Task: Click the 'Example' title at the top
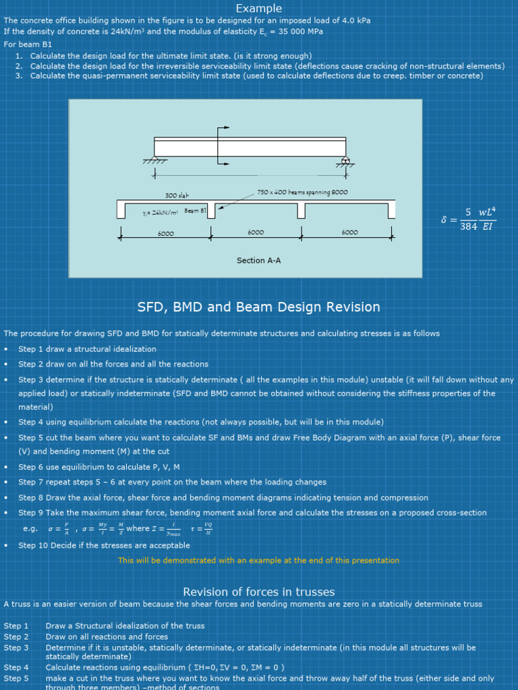tap(259, 8)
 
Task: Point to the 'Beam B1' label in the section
tap(195, 212)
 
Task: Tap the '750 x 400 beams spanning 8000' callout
tap(303, 193)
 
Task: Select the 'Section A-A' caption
tap(259, 260)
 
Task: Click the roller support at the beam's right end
tap(345, 161)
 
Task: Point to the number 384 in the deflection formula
tap(469, 226)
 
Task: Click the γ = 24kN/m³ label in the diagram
tap(159, 212)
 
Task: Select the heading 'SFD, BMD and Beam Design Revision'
tap(259, 307)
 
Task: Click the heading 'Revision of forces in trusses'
tap(259, 592)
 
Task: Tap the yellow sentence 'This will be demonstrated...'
tap(259, 560)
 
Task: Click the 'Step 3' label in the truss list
tap(16, 648)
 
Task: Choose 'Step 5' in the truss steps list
tap(16, 679)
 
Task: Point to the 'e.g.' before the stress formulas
tap(30, 529)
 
